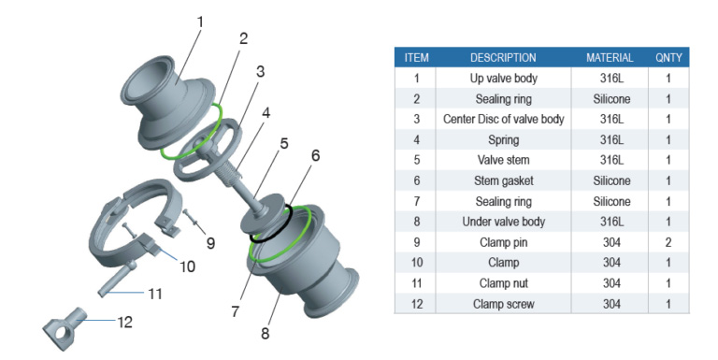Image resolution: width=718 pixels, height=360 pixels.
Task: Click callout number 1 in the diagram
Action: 200,22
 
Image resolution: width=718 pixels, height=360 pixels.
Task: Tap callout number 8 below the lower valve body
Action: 266,334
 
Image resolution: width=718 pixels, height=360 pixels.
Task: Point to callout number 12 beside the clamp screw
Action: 124,322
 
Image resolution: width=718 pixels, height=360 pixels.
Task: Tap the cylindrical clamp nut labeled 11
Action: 117,278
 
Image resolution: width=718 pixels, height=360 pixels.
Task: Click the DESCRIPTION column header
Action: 503,58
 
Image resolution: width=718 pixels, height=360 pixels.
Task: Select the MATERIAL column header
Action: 610,58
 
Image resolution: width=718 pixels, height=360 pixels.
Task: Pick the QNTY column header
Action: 668,58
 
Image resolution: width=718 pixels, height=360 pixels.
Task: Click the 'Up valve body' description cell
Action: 503,79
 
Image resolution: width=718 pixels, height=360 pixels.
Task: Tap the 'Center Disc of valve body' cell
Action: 503,119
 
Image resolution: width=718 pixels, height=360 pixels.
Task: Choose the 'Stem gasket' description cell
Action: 503,180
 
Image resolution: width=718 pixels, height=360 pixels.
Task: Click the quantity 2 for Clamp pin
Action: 668,242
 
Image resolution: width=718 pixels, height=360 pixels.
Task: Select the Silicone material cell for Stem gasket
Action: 611,180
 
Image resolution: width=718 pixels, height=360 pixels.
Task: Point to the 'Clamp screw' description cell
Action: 503,304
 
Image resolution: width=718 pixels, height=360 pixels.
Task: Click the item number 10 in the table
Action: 416,263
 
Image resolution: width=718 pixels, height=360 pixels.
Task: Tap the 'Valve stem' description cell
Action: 503,160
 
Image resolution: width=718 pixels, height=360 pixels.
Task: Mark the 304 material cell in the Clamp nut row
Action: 611,283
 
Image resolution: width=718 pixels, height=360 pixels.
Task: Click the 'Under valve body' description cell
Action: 503,222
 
